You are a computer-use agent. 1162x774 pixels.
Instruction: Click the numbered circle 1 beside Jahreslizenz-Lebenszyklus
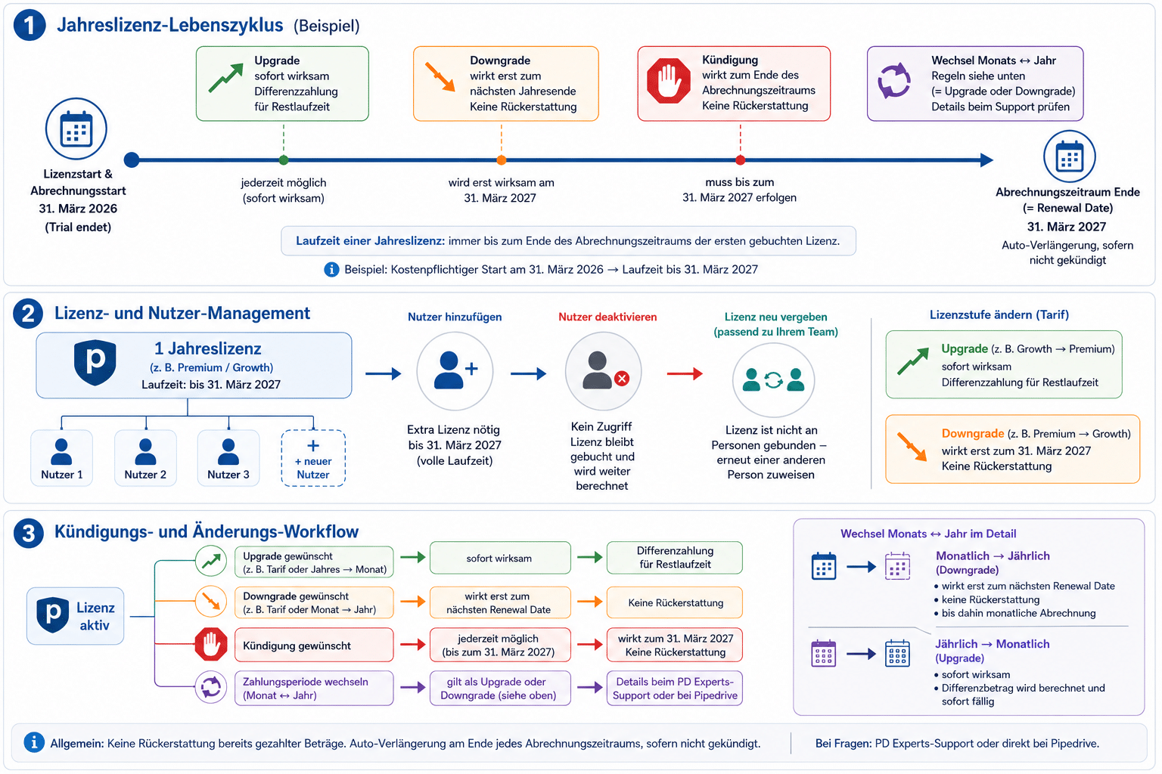[30, 26]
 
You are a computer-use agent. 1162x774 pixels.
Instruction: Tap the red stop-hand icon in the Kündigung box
[669, 81]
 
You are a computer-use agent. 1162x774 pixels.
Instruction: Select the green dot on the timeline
[284, 160]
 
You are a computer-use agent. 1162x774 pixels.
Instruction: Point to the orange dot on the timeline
[501, 160]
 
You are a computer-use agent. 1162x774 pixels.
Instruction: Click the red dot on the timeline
[741, 160]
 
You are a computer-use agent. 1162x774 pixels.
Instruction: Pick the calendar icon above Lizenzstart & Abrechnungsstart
[76, 128]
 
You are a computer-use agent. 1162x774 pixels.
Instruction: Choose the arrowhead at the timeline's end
[986, 160]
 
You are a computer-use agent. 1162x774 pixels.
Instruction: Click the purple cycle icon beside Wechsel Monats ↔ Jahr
[893, 81]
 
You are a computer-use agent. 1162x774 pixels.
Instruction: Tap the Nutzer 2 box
[145, 458]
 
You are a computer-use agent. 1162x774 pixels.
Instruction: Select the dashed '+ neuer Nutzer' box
[313, 458]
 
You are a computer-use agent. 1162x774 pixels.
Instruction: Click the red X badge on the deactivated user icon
[621, 379]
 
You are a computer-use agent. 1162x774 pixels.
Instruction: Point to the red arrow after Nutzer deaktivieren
[685, 373]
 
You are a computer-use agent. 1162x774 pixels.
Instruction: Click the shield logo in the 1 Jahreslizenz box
[95, 362]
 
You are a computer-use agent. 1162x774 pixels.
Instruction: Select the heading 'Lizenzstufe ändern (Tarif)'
[999, 314]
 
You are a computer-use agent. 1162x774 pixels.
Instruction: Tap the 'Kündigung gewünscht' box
[314, 645]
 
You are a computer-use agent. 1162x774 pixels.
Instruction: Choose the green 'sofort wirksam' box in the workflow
[500, 558]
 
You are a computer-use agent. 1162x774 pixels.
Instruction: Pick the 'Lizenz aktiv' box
[75, 616]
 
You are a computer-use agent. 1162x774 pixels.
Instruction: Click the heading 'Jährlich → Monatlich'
[992, 644]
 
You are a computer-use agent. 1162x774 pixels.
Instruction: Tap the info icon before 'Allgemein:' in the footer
[34, 742]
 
